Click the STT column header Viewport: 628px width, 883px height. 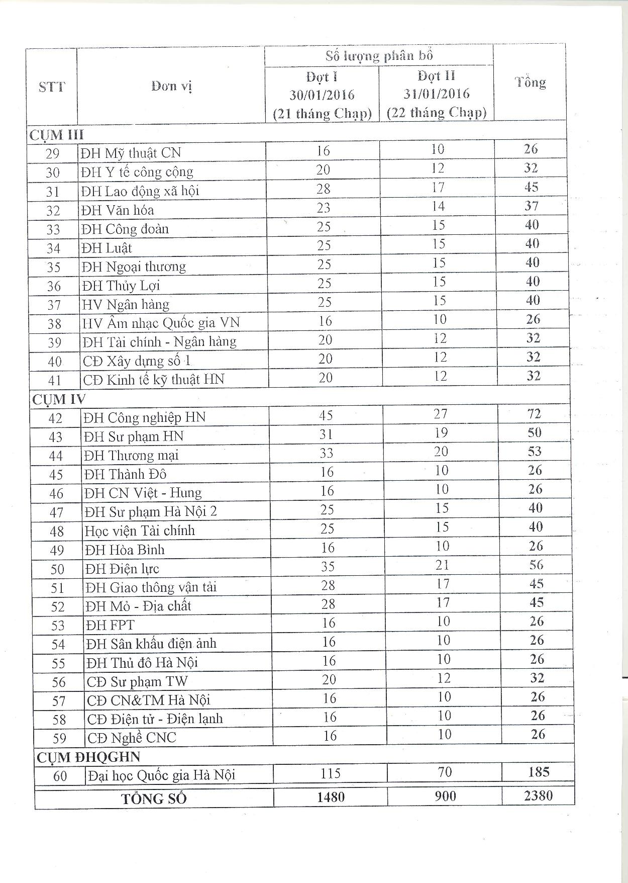pyautogui.click(x=52, y=86)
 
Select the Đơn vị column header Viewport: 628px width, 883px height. pyautogui.click(x=171, y=86)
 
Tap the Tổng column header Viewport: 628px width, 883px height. pyautogui.click(x=530, y=82)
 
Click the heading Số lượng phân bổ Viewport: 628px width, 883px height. pyautogui.click(x=379, y=55)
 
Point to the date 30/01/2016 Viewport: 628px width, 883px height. pyautogui.click(x=322, y=95)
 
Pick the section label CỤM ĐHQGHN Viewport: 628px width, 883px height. pyautogui.click(x=88, y=756)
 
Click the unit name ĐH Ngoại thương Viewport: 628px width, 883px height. pyautogui.click(x=134, y=267)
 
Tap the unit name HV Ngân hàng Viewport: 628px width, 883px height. pyautogui.click(x=126, y=304)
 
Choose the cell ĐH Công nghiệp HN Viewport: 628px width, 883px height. pyautogui.click(x=145, y=417)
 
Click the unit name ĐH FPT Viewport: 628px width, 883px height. pyautogui.click(x=110, y=625)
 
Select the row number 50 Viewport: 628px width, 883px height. pyautogui.click(x=57, y=569)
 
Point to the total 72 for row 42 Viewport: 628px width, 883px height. pyautogui.click(x=534, y=414)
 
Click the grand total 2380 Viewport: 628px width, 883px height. pyautogui.click(x=538, y=796)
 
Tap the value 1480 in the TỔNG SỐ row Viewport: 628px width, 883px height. pyautogui.click(x=331, y=797)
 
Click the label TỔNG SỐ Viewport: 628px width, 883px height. pyautogui.click(x=154, y=799)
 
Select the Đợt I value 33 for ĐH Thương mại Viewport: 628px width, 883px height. pyautogui.click(x=327, y=453)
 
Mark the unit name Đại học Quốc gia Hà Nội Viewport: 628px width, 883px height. pyautogui.click(x=161, y=775)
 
